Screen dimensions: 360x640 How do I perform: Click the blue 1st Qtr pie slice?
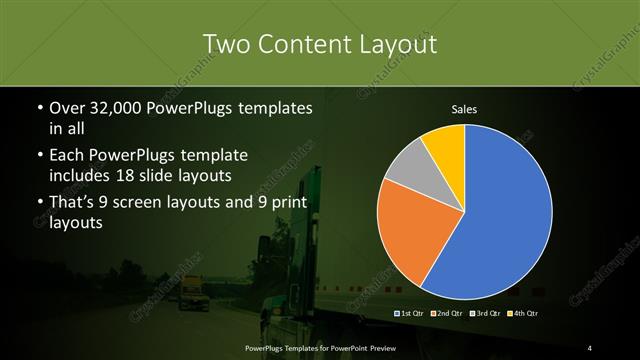pyautogui.click(x=500, y=220)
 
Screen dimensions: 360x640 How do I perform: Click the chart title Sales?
pyautogui.click(x=465, y=109)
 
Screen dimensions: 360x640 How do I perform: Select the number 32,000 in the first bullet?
pyautogui.click(x=118, y=108)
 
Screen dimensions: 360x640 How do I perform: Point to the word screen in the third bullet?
pyautogui.click(x=151, y=205)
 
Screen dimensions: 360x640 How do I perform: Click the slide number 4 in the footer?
pyautogui.click(x=591, y=347)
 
